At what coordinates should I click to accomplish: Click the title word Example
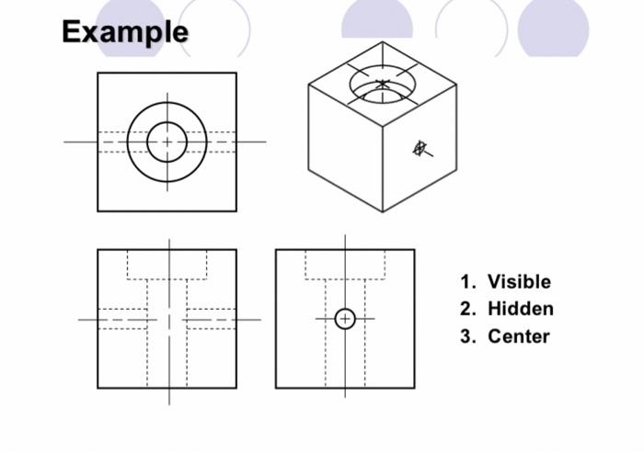(124, 32)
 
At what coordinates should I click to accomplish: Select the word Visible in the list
(519, 282)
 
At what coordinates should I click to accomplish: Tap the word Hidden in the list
(520, 309)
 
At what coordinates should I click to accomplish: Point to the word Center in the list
(518, 336)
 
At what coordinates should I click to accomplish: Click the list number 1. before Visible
(469, 282)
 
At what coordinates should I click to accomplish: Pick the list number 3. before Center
(469, 336)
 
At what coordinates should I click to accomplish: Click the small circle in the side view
(345, 319)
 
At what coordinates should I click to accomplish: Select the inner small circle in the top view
(167, 142)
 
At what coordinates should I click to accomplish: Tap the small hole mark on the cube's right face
(420, 148)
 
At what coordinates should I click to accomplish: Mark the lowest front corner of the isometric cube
(383, 211)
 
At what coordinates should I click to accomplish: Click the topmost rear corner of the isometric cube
(383, 41)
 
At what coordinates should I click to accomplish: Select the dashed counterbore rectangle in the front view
(167, 265)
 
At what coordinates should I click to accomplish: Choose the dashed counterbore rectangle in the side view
(345, 265)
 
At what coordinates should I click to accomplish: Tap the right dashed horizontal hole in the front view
(211, 319)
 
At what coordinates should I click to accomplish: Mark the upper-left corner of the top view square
(98, 74)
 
